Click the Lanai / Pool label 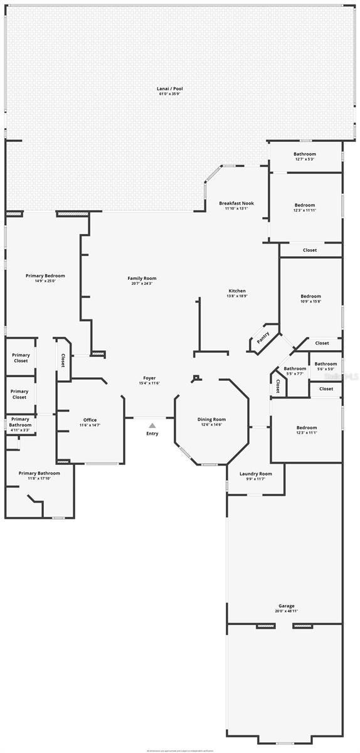coord(169,89)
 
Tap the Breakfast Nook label coord(236,203)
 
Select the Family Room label coord(142,278)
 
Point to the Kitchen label coord(237,291)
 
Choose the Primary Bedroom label coord(45,275)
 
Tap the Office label coord(90,420)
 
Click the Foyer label coord(149,378)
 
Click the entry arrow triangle coord(152,425)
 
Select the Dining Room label coord(211,419)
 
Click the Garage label coord(286,606)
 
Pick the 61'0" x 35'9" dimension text coord(169,95)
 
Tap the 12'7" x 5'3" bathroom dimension coord(305,159)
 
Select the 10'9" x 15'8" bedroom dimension coord(310,301)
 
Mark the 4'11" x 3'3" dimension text coord(20,430)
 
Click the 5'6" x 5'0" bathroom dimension coord(326,369)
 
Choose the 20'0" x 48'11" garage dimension coord(286,611)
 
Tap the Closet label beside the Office coord(63,360)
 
